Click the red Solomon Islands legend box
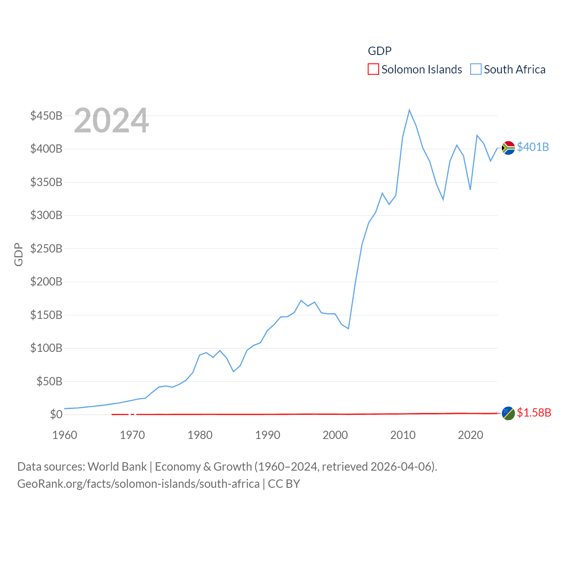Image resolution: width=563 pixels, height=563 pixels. (373, 69)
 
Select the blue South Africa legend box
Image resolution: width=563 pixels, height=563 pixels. (475, 69)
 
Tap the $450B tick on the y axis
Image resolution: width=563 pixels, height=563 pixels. (46, 116)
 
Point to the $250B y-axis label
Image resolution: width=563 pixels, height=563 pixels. (46, 249)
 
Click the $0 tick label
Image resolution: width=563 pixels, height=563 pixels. (56, 414)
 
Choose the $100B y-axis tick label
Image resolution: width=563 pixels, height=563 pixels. (46, 348)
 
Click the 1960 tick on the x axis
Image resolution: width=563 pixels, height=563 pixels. (65, 435)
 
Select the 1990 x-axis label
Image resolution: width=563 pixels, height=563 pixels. (267, 435)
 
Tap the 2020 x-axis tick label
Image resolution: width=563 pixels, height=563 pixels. (470, 435)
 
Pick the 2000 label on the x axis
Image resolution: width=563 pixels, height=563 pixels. (335, 435)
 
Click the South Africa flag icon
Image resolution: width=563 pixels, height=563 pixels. (508, 148)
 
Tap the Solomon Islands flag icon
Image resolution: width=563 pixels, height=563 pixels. (508, 413)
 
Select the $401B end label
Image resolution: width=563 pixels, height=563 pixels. (533, 147)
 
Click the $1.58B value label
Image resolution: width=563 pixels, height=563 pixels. (534, 413)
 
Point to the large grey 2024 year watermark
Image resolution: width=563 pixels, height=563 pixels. (111, 121)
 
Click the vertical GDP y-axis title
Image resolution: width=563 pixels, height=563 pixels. (18, 254)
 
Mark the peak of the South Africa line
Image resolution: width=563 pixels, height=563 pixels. (409, 110)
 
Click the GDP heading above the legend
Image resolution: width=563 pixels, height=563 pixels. (380, 51)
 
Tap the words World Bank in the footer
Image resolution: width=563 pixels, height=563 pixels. (117, 466)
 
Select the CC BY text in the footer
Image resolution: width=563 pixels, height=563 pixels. (284, 484)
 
